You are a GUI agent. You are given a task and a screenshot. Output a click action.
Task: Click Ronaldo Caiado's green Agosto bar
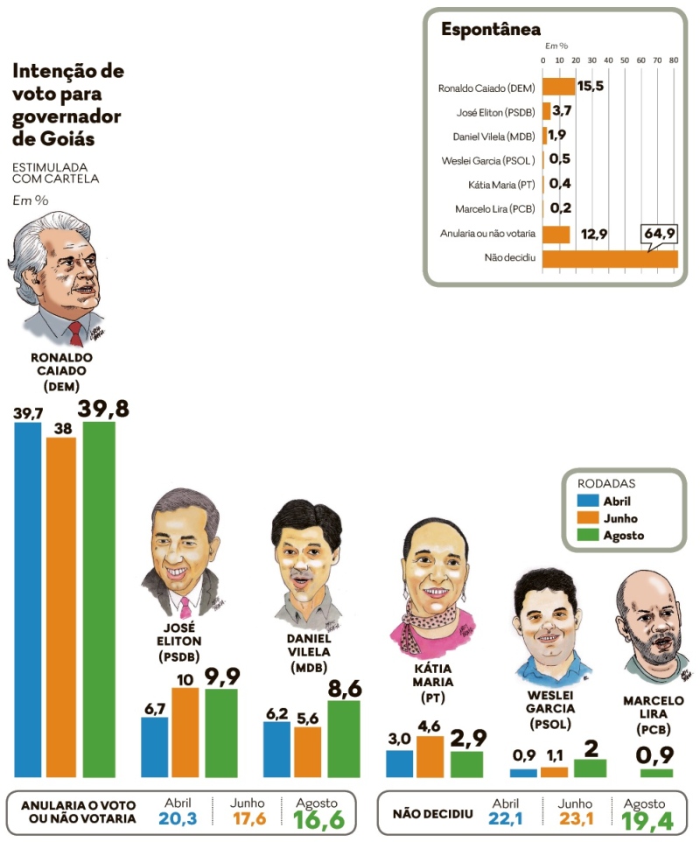click(99, 600)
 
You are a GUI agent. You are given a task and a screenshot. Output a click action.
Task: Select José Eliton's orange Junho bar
click(185, 733)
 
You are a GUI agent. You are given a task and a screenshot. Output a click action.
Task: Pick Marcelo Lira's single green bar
click(656, 773)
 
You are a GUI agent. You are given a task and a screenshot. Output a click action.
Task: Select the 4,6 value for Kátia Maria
click(430, 725)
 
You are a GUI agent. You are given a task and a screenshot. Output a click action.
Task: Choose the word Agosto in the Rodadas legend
click(624, 535)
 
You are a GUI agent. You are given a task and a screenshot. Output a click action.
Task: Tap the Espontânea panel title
click(490, 30)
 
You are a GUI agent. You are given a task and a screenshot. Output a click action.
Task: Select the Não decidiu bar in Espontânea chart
click(610, 259)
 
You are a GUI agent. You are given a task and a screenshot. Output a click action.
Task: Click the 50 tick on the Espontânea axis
click(625, 60)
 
